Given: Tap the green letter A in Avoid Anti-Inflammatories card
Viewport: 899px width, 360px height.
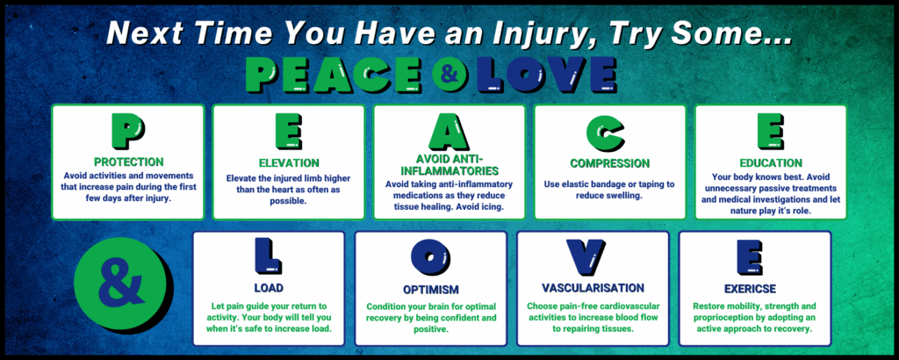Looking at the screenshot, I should pyautogui.click(x=449, y=132).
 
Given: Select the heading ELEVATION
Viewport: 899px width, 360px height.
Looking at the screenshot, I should pyautogui.click(x=288, y=162).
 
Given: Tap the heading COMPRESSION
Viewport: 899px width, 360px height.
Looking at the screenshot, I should pyautogui.click(x=609, y=163).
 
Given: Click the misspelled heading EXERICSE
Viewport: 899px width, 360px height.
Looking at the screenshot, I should pyautogui.click(x=753, y=287).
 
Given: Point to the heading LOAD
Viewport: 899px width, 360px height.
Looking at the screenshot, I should pyautogui.click(x=269, y=287).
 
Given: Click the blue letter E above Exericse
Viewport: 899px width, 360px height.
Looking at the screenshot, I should pyautogui.click(x=753, y=256).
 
